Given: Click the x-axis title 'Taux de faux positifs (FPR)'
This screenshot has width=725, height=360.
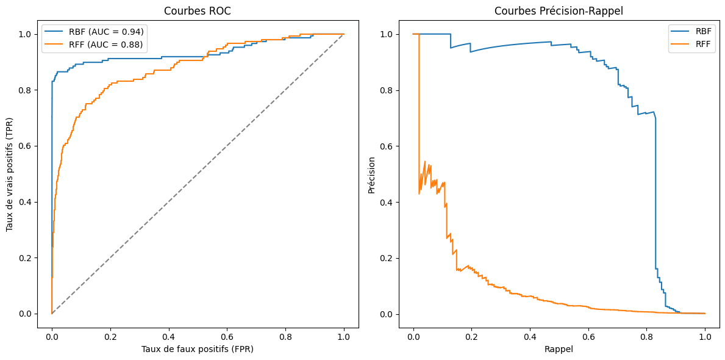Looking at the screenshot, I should point(198,349).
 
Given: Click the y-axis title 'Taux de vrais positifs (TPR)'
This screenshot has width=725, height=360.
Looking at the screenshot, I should point(10,174).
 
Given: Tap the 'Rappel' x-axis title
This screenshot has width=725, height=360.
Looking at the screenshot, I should point(559,349).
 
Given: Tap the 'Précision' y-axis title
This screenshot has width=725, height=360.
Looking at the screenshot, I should point(371,174).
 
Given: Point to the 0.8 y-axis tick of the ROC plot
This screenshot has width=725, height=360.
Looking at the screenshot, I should point(29,90).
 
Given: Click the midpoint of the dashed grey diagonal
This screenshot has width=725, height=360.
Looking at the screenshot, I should point(198,174).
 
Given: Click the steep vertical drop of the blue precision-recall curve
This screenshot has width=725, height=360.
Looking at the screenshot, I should point(655,195).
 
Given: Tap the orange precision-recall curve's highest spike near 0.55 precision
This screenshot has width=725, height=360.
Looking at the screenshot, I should point(424,162).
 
